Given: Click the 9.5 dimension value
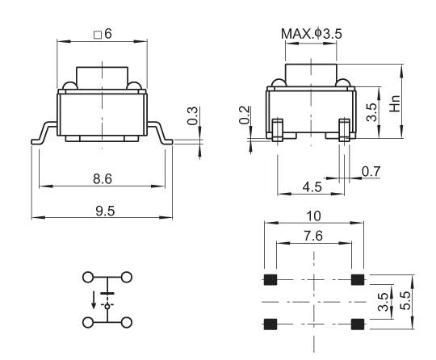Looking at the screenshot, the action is click(105, 211).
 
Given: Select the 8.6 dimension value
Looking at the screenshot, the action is click(103, 178).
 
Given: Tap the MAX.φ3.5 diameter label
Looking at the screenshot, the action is click(311, 34).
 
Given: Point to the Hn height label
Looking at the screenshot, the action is click(395, 103).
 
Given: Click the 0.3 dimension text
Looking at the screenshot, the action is click(192, 115).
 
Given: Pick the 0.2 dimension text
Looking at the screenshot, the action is click(245, 115).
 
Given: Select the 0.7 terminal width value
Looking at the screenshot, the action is click(371, 171).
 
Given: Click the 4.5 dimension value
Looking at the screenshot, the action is click(312, 186).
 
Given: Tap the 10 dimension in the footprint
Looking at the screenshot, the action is click(313, 216).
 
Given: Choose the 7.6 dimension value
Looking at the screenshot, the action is click(313, 236).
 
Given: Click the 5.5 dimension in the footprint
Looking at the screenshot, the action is click(405, 300).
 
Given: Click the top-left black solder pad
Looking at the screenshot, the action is click(270, 279).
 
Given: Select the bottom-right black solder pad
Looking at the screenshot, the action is click(358, 324).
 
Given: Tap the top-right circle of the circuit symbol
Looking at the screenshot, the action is click(127, 277).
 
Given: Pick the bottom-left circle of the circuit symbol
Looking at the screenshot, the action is click(88, 323).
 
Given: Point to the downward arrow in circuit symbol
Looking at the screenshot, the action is click(94, 300).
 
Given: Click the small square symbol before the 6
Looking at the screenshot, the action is click(98, 35).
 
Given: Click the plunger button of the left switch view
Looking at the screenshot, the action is click(102, 77).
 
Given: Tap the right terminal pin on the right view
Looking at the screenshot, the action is click(344, 130).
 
